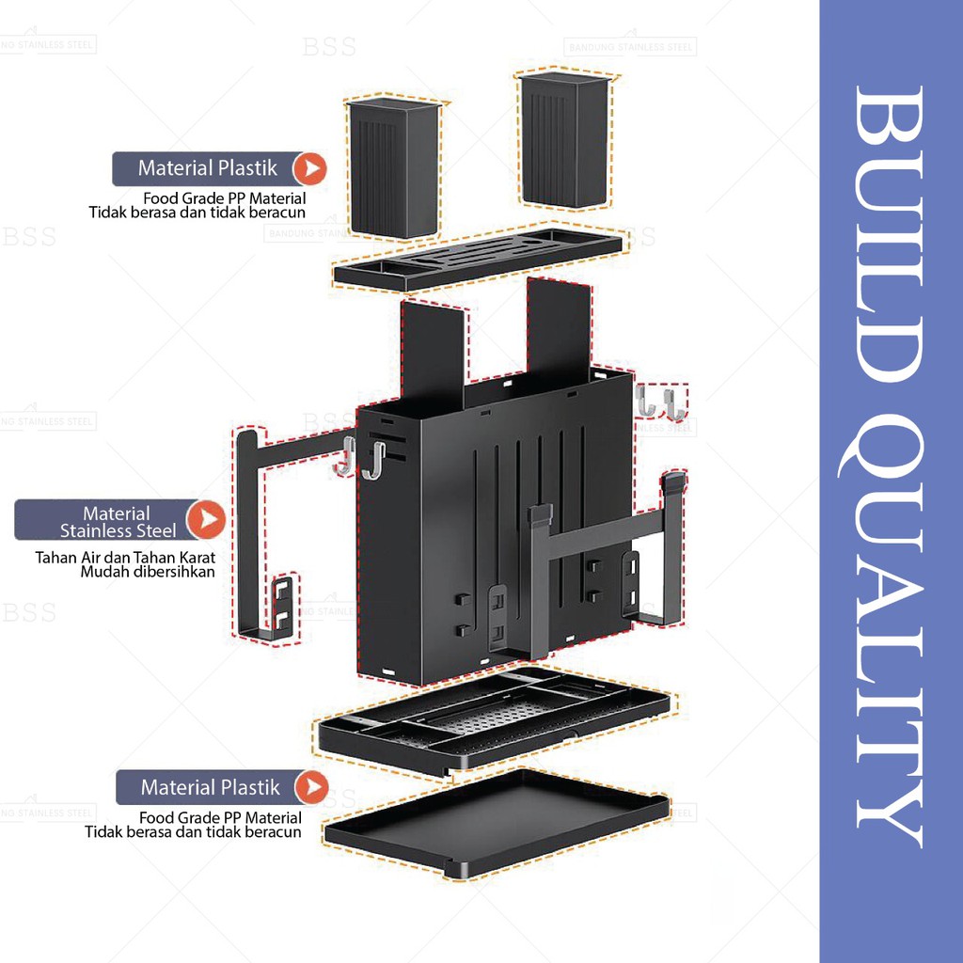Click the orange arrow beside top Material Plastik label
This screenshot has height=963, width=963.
point(309,169)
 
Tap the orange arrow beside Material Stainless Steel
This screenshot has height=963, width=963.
point(206,519)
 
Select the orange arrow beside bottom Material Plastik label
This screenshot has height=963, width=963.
point(311,787)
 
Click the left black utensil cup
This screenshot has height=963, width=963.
point(394,167)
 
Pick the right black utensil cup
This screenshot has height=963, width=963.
point(565,140)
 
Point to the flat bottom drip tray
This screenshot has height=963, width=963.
point(497,824)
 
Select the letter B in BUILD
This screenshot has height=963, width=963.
point(890,121)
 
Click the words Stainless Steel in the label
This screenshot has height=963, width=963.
point(118,530)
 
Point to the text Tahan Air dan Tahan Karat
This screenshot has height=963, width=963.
point(125,558)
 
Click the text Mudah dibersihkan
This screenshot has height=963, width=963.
point(148,572)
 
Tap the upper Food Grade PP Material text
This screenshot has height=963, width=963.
point(224,198)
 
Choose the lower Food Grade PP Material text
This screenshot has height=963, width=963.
point(220,818)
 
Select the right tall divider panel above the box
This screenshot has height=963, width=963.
point(559,324)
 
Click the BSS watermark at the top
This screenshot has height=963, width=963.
point(329,47)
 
